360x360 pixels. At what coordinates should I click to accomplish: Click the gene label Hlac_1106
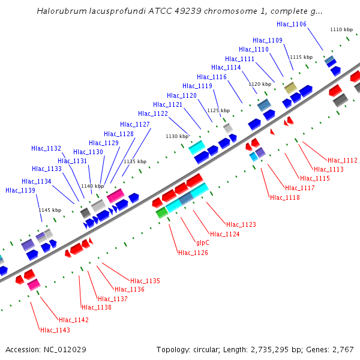point(292,24)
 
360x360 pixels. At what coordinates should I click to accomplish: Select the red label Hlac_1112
point(343,160)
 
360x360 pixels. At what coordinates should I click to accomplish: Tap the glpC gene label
point(203,243)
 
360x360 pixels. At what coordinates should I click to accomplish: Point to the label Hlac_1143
point(55,330)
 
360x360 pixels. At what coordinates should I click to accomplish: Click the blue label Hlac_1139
point(20,190)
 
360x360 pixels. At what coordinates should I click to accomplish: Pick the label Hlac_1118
point(285,197)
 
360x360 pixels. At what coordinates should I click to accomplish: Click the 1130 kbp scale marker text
point(176,137)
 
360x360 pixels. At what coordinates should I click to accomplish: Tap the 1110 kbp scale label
point(341,29)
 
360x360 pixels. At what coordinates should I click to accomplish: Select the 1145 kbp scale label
point(50,210)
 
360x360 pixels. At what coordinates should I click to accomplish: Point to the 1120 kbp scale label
point(260,84)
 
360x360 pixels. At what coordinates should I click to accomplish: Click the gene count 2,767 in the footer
point(341,349)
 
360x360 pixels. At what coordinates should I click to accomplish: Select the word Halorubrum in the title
point(61,11)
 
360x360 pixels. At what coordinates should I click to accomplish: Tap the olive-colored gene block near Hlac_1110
point(290,88)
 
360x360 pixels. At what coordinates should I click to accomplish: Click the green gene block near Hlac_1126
point(161,212)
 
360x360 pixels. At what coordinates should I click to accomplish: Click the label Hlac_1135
point(145,281)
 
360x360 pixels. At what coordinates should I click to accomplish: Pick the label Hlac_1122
point(153,113)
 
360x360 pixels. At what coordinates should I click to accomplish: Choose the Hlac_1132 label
point(46,148)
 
